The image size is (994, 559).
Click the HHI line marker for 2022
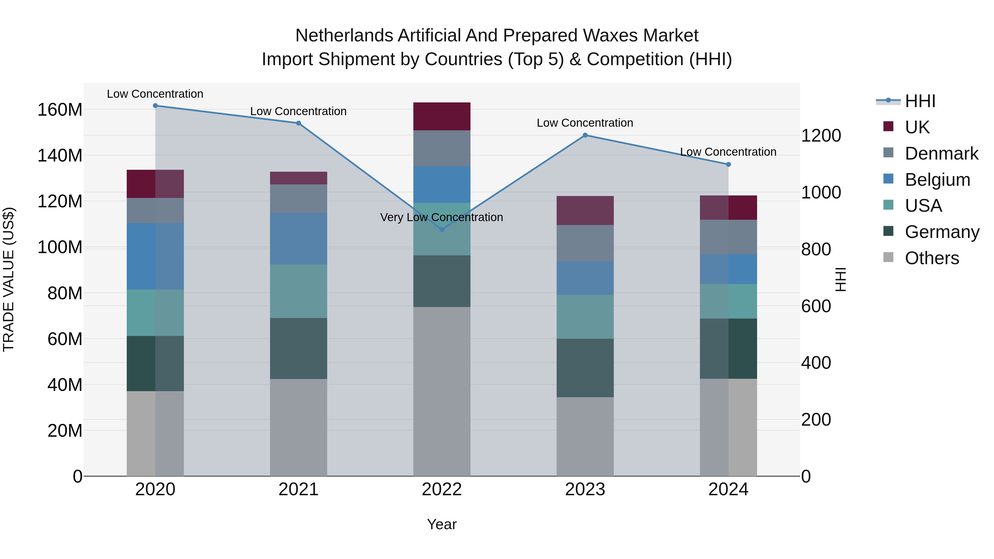(442, 230)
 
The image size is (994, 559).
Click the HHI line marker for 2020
(155, 106)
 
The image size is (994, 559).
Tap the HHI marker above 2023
(585, 135)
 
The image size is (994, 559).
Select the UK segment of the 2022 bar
(442, 116)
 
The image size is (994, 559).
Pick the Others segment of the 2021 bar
(298, 427)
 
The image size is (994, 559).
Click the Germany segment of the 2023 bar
(585, 368)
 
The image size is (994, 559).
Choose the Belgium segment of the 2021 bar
(298, 239)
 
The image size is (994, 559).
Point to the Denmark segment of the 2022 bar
(442, 148)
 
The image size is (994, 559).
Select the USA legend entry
(923, 206)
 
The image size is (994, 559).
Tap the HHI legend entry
(920, 101)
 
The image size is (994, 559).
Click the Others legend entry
(932, 258)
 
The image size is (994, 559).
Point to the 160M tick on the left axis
(60, 110)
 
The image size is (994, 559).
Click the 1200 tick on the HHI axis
(821, 136)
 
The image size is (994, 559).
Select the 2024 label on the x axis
(728, 489)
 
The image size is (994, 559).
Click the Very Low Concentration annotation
(442, 217)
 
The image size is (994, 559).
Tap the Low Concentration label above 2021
(298, 111)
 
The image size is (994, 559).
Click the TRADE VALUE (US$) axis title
(9, 279)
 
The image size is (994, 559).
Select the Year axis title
(442, 524)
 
